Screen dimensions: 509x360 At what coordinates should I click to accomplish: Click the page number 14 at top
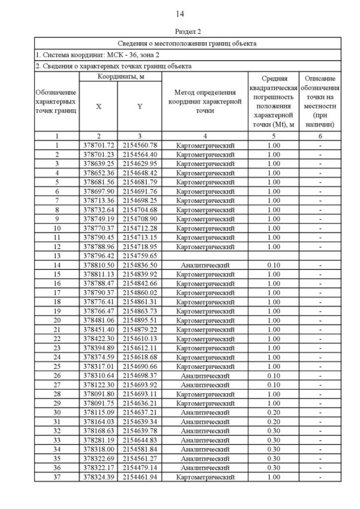coord(180,13)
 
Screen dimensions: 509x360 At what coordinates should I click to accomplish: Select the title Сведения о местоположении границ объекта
coord(187,43)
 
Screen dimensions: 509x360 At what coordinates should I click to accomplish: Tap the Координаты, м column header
coord(120,76)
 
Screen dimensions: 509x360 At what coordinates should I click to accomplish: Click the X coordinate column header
coord(98,106)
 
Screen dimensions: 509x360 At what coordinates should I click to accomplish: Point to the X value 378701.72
coord(98,146)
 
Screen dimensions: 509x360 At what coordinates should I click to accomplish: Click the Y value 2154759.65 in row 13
coord(139,256)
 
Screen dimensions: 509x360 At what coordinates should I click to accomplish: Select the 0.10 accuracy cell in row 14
coord(273,265)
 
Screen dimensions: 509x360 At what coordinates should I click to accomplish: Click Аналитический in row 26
coord(205,375)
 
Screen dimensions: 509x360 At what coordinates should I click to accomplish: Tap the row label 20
coord(57,320)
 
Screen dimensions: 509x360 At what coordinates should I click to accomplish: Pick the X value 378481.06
coord(98,320)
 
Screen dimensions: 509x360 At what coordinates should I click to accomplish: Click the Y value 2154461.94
coord(139,476)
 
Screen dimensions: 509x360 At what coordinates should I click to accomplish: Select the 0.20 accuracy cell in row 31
coord(273,421)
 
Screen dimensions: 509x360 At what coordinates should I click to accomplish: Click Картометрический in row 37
coord(205,476)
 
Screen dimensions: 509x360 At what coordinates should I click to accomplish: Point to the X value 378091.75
coord(98,403)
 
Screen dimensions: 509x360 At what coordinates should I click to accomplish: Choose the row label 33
coord(57,440)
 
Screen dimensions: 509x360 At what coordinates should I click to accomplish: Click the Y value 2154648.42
coord(139,173)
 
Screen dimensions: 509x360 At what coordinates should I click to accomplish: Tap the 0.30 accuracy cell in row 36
coord(273,467)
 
